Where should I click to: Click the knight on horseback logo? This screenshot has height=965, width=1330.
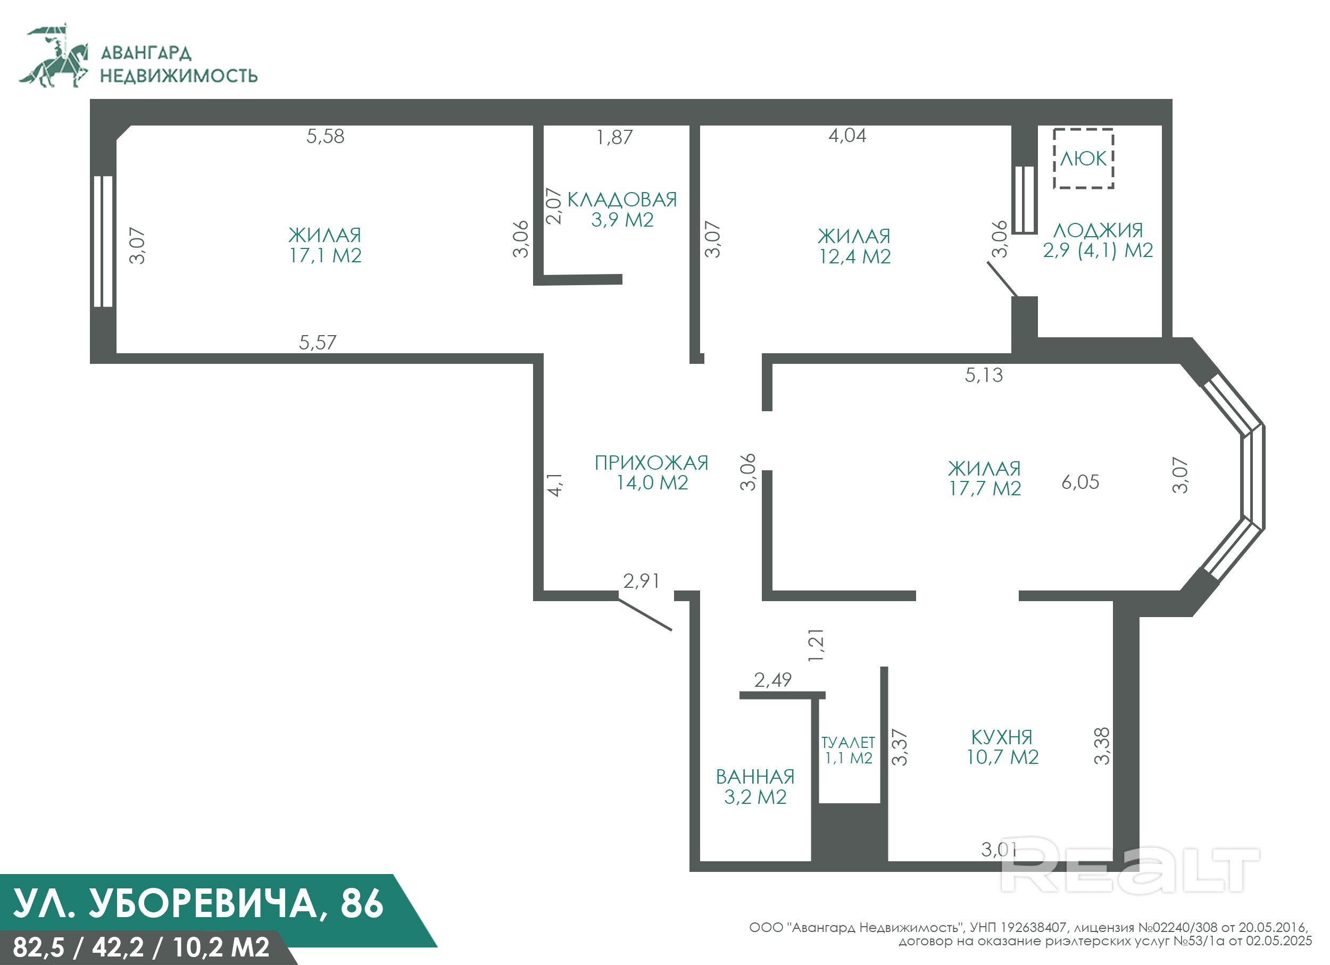click(x=54, y=56)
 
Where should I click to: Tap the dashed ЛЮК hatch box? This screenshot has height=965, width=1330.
click(x=1054, y=159)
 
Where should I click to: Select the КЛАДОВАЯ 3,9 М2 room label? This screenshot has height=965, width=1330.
click(x=622, y=209)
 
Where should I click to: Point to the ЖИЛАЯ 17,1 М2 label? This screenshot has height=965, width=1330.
click(x=325, y=245)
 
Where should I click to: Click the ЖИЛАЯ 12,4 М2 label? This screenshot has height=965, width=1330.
click(x=854, y=246)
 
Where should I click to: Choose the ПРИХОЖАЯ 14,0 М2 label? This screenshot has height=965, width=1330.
click(x=652, y=472)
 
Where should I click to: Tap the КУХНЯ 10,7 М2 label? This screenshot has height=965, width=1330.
click(x=1002, y=747)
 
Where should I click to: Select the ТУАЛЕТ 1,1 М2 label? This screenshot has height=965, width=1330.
click(x=848, y=751)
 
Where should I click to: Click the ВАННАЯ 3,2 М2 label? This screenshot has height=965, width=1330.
click(x=755, y=787)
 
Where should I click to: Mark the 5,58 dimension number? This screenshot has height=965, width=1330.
click(x=326, y=136)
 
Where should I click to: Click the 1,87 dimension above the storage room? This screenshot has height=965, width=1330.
click(x=614, y=137)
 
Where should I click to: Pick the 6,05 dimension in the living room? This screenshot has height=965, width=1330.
click(x=1080, y=482)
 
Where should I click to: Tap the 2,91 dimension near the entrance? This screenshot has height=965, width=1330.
click(x=642, y=580)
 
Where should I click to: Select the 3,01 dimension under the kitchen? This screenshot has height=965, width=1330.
click(x=999, y=849)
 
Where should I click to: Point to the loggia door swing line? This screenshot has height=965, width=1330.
click(x=1002, y=279)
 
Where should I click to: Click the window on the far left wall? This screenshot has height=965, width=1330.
click(x=103, y=242)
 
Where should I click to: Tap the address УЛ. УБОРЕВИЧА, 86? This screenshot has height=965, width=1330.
click(x=198, y=903)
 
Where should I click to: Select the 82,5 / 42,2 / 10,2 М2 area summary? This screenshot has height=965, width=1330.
click(x=141, y=947)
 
